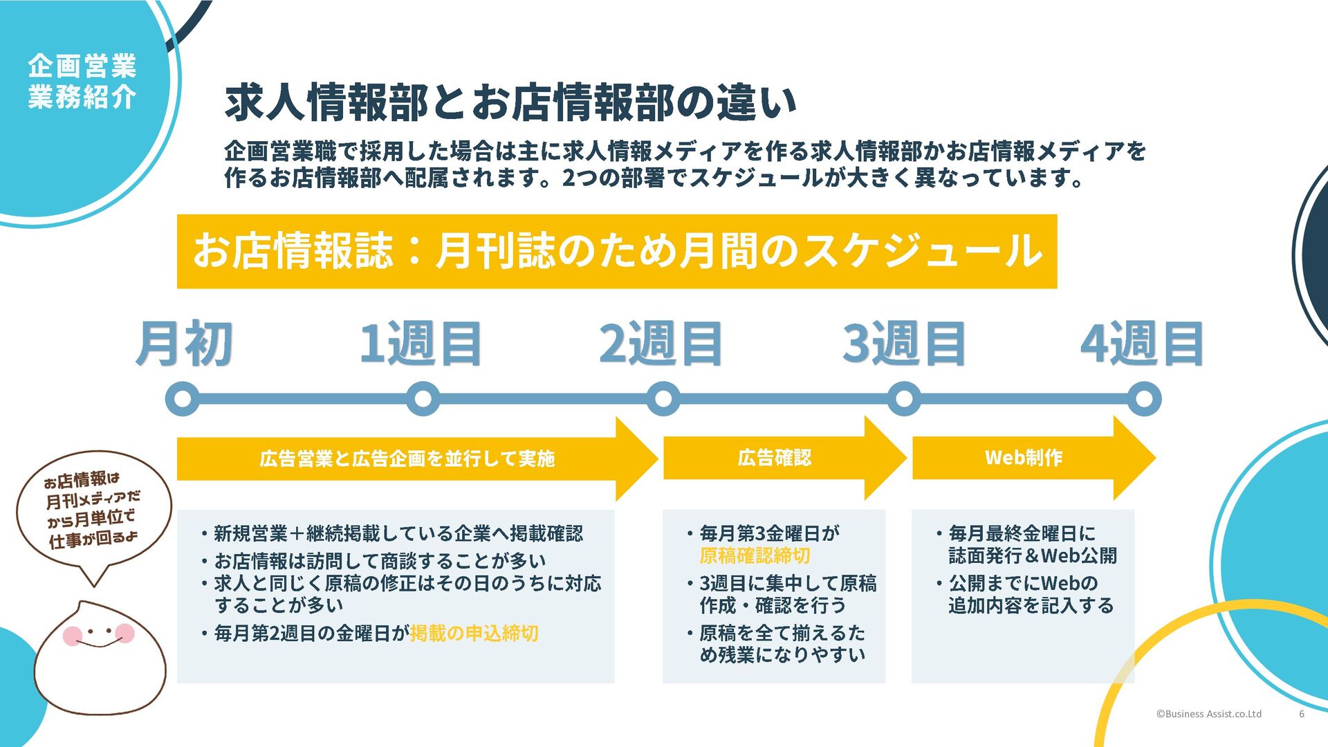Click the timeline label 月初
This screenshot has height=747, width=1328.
(x=184, y=343)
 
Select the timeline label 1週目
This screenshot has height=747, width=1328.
(x=421, y=343)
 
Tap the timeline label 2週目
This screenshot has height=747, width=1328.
(x=661, y=343)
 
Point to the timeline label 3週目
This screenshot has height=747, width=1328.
(x=903, y=343)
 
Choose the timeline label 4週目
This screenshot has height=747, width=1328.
(x=1142, y=343)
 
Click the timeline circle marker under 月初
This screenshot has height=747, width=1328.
(x=183, y=399)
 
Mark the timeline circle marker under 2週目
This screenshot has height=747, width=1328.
(x=663, y=399)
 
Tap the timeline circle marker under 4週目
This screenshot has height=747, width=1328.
(x=1144, y=399)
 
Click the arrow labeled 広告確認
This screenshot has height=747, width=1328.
(x=775, y=458)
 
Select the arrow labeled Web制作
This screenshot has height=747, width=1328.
(x=1024, y=458)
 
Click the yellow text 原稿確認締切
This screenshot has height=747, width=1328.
(x=755, y=556)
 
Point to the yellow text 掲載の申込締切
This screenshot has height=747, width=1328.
(x=474, y=634)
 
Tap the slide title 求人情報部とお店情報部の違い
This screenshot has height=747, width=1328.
(x=510, y=102)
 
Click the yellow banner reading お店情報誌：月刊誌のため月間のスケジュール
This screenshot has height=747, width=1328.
(x=616, y=251)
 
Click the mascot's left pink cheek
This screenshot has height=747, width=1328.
(x=73, y=635)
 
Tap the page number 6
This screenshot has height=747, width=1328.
(x=1301, y=714)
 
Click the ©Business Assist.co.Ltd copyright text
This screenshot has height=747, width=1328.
(x=1208, y=714)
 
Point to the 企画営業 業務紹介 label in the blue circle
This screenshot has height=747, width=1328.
(x=82, y=82)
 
